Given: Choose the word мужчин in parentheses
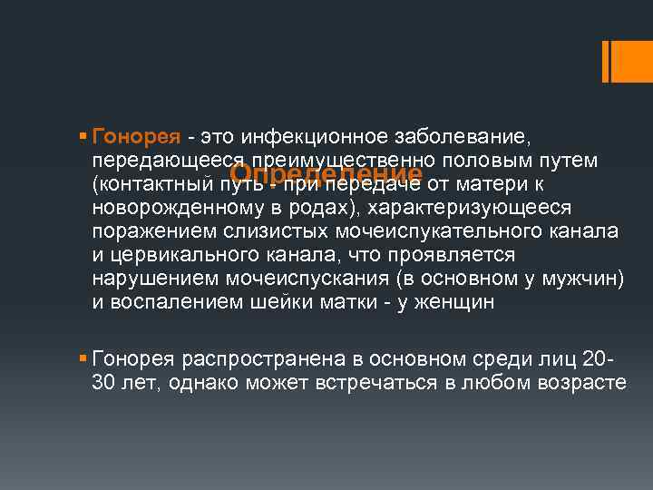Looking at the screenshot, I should tap(585, 279).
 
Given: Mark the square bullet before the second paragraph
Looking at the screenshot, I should tap(83, 358).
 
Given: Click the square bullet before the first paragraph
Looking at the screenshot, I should tap(83, 137).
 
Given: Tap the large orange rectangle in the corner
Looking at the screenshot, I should tap(626, 61).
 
